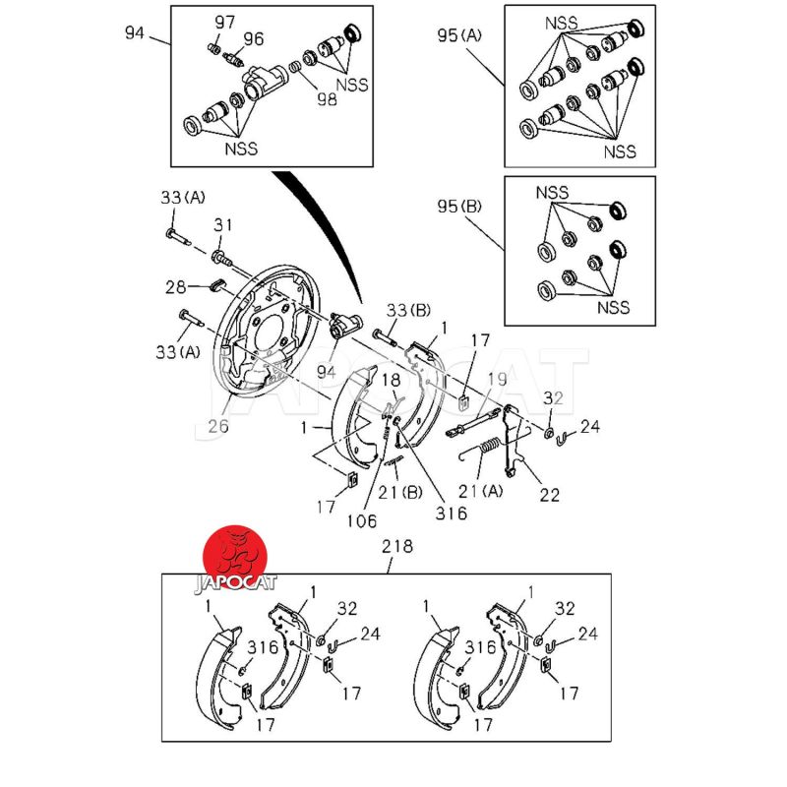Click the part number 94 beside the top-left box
pyautogui.click(x=135, y=33)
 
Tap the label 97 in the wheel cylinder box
pyautogui.click(x=225, y=23)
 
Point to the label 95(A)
pyautogui.click(x=459, y=36)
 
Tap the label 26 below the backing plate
pyautogui.click(x=218, y=427)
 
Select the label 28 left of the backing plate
pyautogui.click(x=176, y=287)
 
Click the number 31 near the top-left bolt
pyautogui.click(x=224, y=226)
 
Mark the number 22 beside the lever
pyautogui.click(x=551, y=494)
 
